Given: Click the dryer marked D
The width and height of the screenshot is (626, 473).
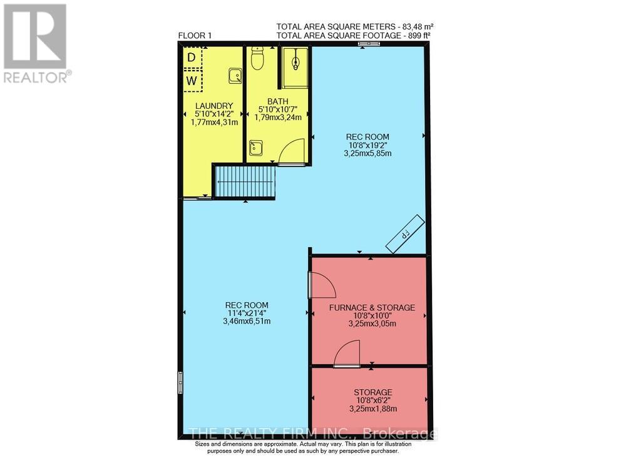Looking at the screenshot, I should point(192,58).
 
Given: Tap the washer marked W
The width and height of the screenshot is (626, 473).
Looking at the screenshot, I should point(192,81).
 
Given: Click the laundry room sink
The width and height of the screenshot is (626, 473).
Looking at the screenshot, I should point(235,76).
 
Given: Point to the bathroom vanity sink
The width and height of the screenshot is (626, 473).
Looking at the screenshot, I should point(256,148).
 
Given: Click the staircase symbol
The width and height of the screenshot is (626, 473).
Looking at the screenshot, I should point(245,182).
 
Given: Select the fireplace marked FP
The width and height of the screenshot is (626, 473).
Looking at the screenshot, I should point(405,233).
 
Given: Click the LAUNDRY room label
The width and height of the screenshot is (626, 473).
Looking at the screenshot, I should point(214,105).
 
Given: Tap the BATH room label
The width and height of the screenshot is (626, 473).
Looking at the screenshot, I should point(277,101).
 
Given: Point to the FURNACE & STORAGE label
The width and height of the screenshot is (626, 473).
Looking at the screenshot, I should point(372,307).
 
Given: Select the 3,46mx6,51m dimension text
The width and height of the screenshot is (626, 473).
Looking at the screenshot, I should point(247,322).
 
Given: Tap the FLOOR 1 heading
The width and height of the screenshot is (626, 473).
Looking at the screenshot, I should point(195,36).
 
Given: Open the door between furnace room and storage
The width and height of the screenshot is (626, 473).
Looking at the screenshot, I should point(347,353).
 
